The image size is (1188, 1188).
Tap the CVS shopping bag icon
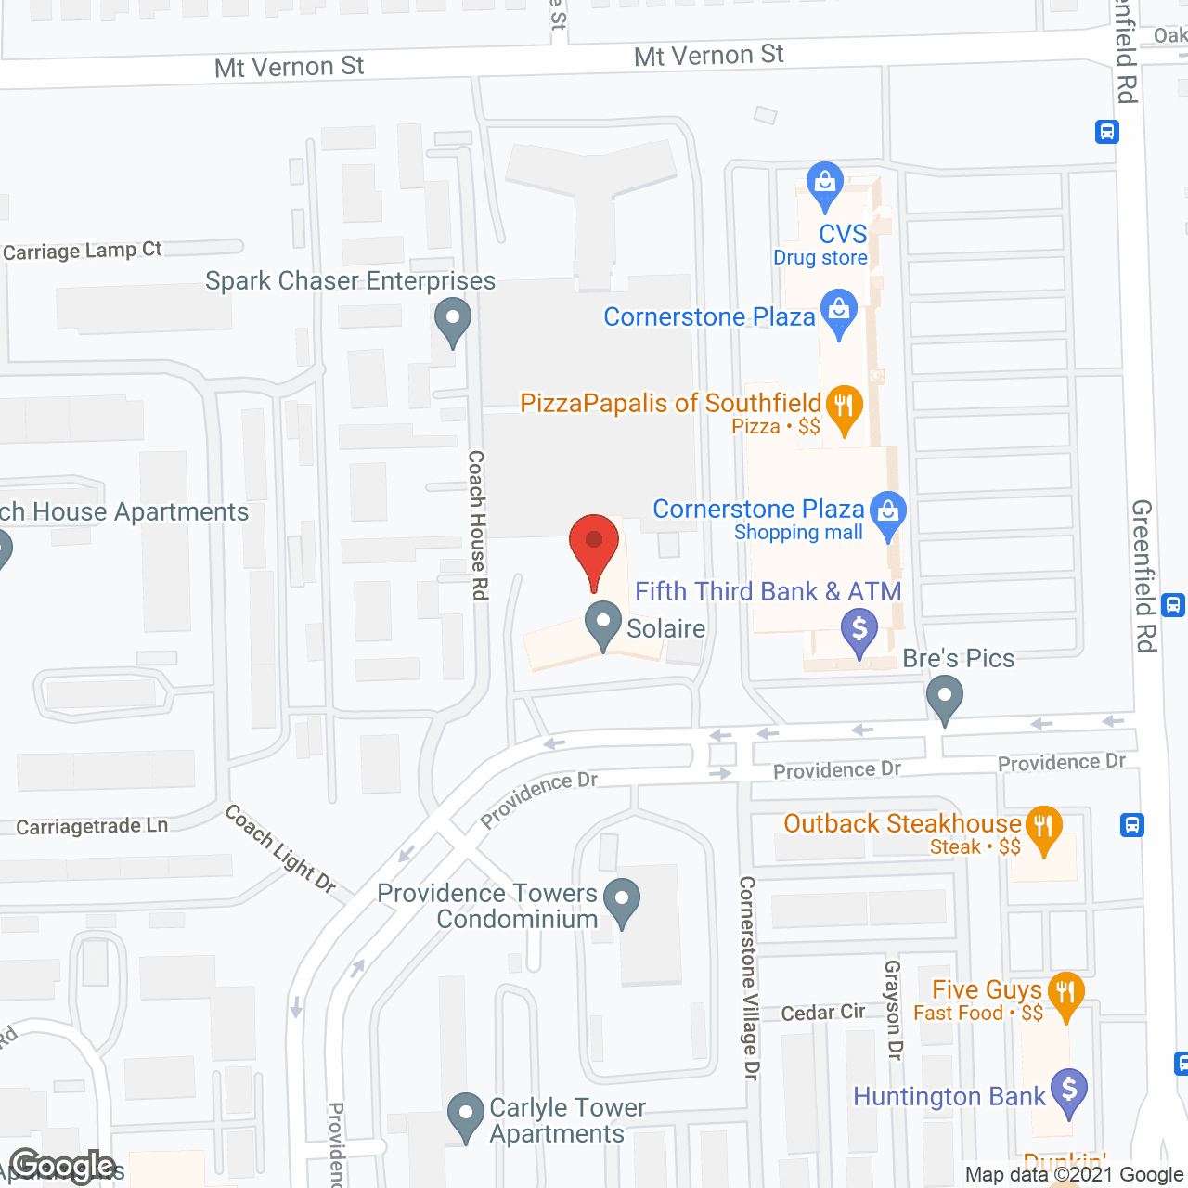[x=824, y=183]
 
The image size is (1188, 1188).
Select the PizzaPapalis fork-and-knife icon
[x=844, y=407]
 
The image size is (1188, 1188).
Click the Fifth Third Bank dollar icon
[x=859, y=629]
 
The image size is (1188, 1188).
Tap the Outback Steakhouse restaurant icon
[x=1043, y=827]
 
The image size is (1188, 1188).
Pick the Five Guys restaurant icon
[x=1065, y=993]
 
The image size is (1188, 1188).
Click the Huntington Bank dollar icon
[x=1069, y=1090]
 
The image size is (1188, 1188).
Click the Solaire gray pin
[x=603, y=623]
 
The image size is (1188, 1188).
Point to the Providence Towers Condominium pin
[x=622, y=899]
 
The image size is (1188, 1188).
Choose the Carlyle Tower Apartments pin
[x=465, y=1115]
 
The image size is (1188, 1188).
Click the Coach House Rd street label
[x=478, y=524]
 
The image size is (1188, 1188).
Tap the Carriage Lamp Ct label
[x=83, y=251]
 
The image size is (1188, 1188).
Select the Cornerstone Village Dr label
[x=749, y=977]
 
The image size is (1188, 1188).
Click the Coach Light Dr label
[x=279, y=848]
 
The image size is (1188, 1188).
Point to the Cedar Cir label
[x=822, y=1013]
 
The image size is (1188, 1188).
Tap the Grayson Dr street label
[x=893, y=1009]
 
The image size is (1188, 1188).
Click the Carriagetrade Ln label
[x=92, y=826]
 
